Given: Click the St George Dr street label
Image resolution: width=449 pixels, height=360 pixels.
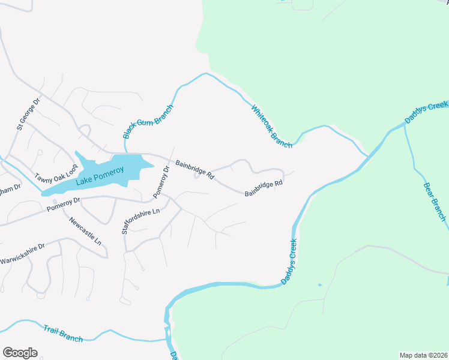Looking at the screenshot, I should (28, 115).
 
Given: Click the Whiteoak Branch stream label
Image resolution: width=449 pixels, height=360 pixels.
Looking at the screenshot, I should (272, 127).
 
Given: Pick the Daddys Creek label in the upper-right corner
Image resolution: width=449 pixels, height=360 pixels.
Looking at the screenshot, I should (426, 113).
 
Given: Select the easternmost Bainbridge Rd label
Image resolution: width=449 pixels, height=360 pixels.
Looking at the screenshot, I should (264, 188).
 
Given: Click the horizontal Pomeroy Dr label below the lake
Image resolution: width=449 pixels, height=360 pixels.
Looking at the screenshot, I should (64, 204).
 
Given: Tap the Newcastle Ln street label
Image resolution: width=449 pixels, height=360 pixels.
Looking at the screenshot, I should (85, 230).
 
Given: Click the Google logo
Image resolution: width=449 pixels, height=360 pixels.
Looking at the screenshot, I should (20, 353).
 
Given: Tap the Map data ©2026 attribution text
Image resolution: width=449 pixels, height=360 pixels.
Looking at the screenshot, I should (423, 355).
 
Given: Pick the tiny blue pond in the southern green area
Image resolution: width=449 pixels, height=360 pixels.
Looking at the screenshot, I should (319, 284).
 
